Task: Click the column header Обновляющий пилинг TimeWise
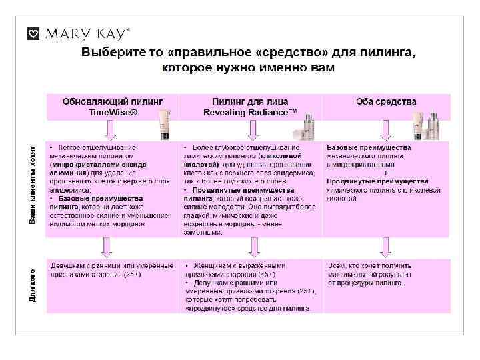(113, 107)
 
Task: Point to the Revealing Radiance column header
(250, 107)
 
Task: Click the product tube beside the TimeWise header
(164, 125)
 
